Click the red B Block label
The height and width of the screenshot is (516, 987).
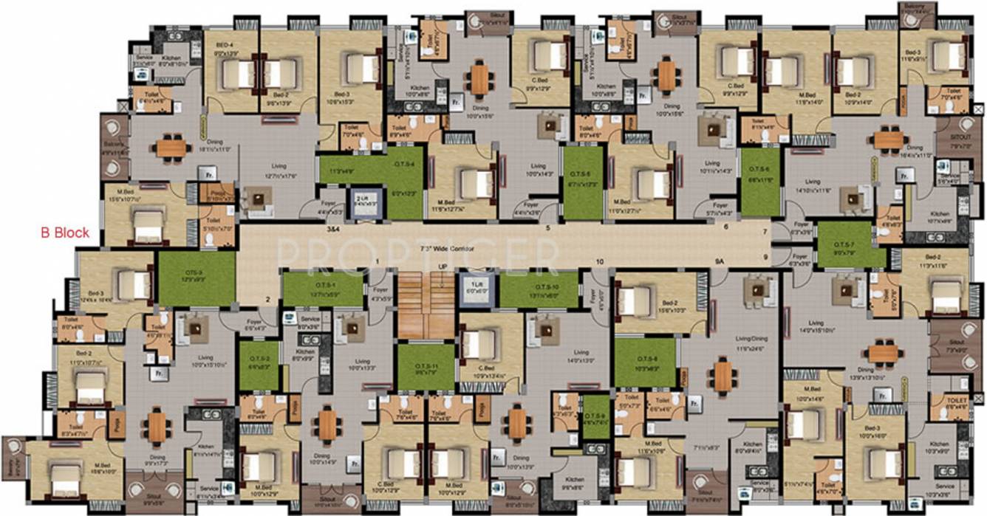click(x=65, y=233)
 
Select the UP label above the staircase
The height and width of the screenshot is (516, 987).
click(x=443, y=266)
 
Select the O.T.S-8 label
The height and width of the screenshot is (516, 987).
click(x=645, y=360)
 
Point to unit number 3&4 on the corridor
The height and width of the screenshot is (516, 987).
click(x=333, y=230)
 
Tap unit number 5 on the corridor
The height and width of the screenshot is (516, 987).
click(x=547, y=228)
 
